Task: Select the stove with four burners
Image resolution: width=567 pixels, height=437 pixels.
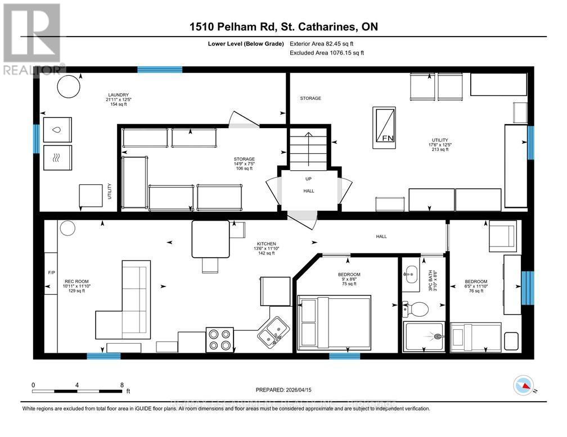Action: pos(219,339)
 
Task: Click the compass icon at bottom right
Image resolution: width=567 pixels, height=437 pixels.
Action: pos(523,385)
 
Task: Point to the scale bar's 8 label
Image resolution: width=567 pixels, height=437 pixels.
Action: pos(122,385)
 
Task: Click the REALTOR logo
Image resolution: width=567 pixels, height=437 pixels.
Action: pos(32,39)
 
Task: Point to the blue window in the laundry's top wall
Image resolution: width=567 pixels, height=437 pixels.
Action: pos(160,70)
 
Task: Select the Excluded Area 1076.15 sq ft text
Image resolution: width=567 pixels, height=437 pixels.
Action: pos(327,53)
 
